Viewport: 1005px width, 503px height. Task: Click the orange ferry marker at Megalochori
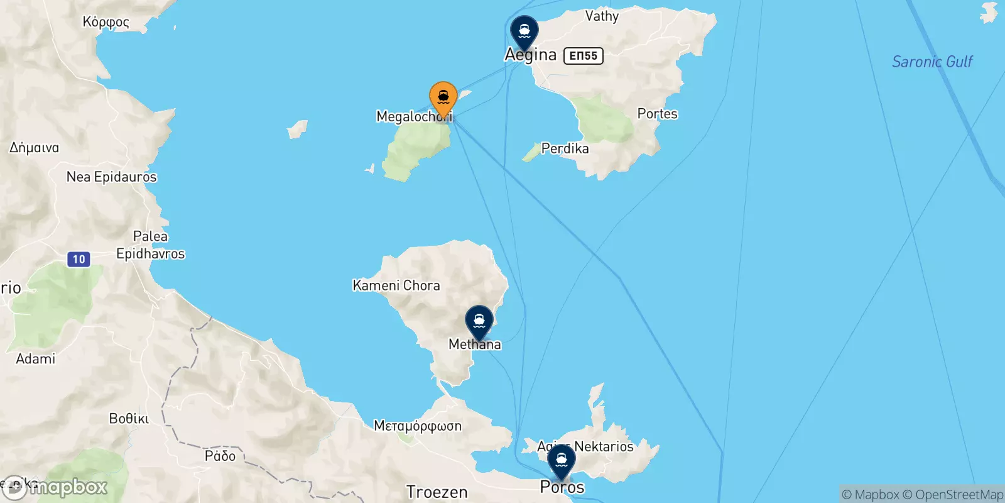pos(443,99)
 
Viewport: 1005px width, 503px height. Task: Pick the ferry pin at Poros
pos(561,460)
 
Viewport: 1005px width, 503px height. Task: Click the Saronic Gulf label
pos(932,62)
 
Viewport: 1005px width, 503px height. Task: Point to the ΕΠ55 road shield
pos(584,56)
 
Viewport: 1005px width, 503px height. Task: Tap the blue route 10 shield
pos(79,259)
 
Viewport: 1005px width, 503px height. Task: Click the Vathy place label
pos(602,16)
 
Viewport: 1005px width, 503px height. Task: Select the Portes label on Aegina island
pos(658,114)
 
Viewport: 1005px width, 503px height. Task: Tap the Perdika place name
pos(565,148)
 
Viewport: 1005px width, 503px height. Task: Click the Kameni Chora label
pos(396,285)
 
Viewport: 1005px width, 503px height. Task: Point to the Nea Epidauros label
pos(112,177)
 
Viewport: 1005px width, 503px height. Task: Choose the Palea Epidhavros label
pos(151,245)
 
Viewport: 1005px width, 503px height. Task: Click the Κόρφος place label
pos(106,22)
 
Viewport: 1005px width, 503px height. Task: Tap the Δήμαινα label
pos(35,148)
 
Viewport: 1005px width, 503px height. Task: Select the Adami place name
pos(36,358)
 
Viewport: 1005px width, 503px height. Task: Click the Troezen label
pos(437,492)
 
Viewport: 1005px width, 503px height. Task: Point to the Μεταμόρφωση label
pos(418,426)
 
